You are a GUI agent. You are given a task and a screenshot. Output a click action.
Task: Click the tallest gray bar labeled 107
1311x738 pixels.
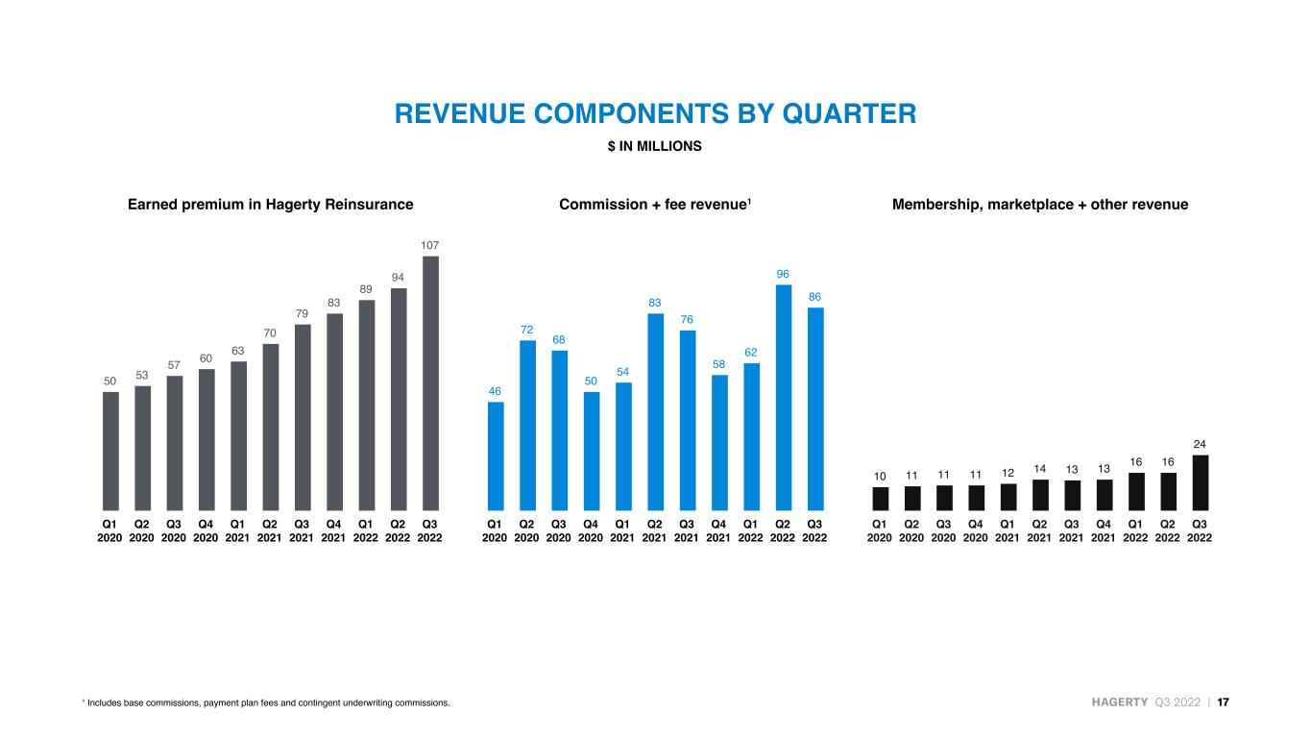pos(430,383)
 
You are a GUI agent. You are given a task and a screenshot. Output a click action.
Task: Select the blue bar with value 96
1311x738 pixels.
pos(783,398)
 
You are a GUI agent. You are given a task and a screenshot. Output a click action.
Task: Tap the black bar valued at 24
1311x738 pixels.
pos(1200,482)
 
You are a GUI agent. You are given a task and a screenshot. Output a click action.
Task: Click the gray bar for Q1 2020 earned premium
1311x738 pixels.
pos(110,451)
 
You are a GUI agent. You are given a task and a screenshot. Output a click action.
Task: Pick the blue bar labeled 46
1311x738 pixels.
pos(496,456)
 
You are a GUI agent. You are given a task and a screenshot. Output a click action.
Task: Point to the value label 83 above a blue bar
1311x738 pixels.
pos(654,303)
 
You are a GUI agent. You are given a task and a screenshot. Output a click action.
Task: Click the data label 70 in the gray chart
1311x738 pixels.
pos(269,333)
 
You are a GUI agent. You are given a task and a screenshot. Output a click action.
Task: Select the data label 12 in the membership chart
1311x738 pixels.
pos(1008,473)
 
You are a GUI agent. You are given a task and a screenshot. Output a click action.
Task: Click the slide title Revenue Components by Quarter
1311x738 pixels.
pos(655,113)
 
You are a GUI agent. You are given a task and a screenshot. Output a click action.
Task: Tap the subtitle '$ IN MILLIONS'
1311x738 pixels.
pos(654,146)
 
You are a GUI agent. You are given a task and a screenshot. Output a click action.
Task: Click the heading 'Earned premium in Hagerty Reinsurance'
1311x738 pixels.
pos(271,205)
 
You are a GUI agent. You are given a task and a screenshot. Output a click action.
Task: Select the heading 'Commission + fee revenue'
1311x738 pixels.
pos(655,205)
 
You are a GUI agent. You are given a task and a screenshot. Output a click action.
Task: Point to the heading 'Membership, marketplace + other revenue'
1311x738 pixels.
pos(1040,205)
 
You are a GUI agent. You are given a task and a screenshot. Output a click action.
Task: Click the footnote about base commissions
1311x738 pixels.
pos(266,702)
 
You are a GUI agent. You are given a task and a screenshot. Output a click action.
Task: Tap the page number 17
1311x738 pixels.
pos(1224,702)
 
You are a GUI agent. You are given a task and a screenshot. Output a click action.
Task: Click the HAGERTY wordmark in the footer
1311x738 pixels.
pos(1119,702)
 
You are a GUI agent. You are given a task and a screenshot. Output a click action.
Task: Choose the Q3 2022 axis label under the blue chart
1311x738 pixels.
pos(814,531)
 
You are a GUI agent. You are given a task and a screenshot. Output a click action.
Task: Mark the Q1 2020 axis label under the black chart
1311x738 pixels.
pos(879,531)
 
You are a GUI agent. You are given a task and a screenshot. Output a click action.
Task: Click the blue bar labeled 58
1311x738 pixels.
pos(719,443)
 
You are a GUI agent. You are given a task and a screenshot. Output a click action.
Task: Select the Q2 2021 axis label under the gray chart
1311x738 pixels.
pos(269,531)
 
